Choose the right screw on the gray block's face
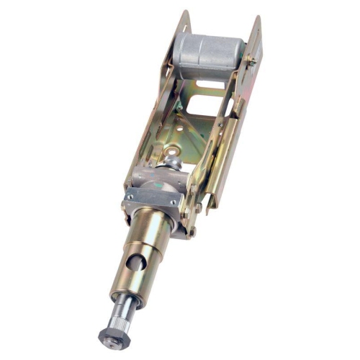pos(173,203)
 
